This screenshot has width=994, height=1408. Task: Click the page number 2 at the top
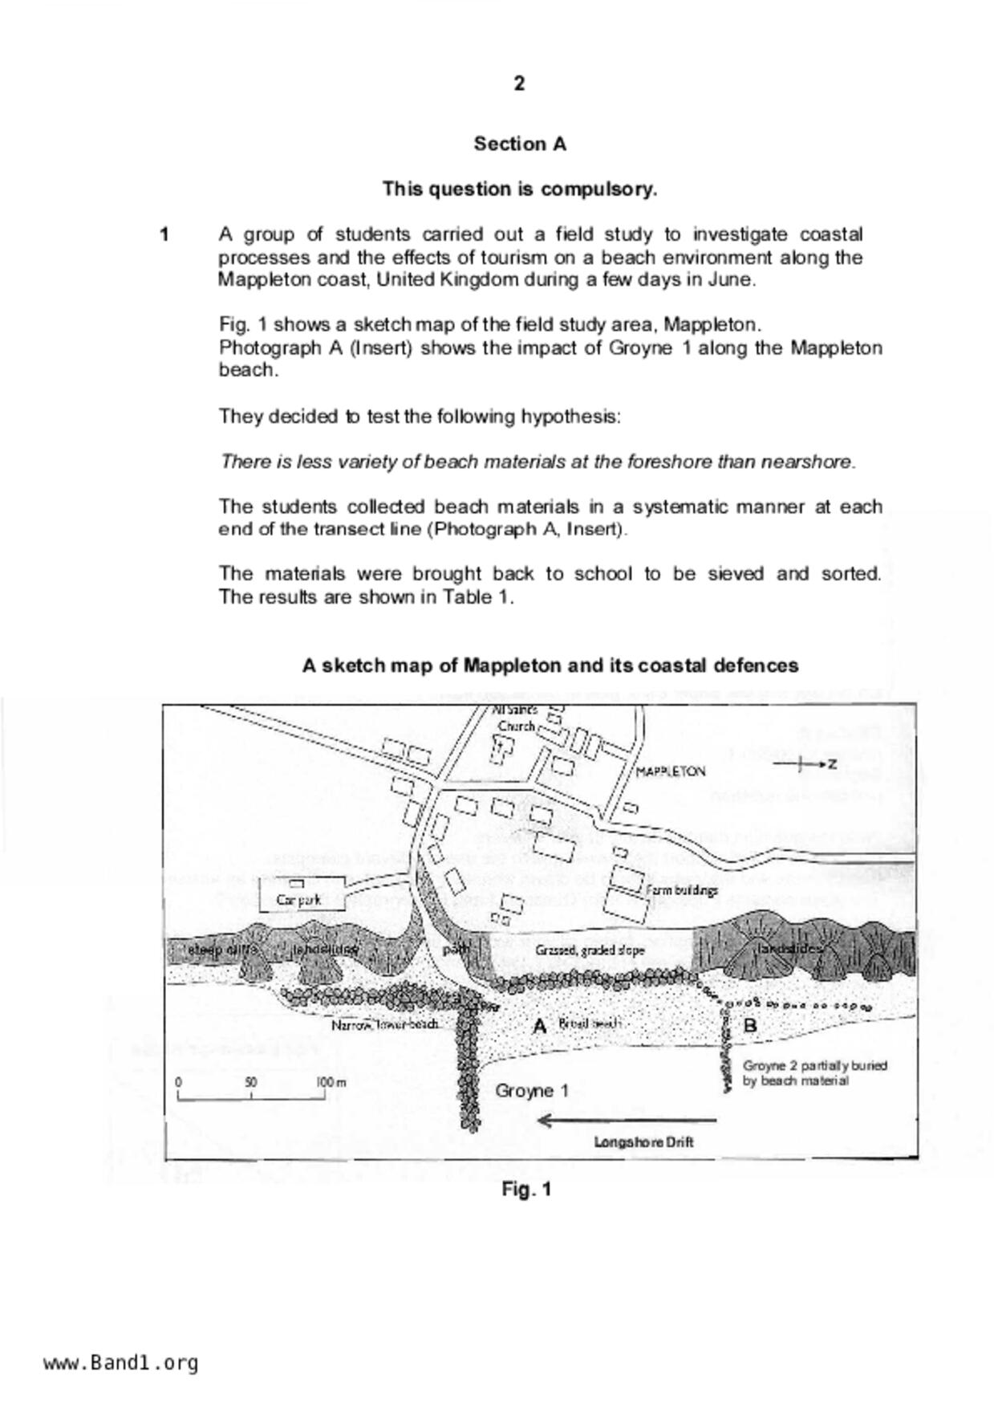519,83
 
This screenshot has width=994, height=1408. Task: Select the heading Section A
520,144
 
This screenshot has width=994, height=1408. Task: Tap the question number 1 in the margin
164,235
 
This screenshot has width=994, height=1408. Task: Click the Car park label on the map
298,900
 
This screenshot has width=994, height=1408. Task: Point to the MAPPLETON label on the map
671,771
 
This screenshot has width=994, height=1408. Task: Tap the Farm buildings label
681,890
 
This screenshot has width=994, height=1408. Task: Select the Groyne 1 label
532,1091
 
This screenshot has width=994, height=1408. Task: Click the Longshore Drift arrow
626,1120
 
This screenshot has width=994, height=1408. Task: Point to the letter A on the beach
540,1026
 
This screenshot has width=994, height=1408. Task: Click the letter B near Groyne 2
750,1025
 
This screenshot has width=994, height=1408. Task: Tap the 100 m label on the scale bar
331,1082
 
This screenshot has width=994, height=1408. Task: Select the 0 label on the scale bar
179,1082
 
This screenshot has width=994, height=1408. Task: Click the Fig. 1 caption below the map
526,1190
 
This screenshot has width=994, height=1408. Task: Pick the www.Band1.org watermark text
120,1363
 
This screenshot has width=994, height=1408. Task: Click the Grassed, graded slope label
590,950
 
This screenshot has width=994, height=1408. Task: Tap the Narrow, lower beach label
384,1025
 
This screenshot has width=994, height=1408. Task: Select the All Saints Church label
516,718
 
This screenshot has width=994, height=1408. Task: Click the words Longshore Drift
643,1142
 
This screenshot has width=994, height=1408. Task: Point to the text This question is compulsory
519,189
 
